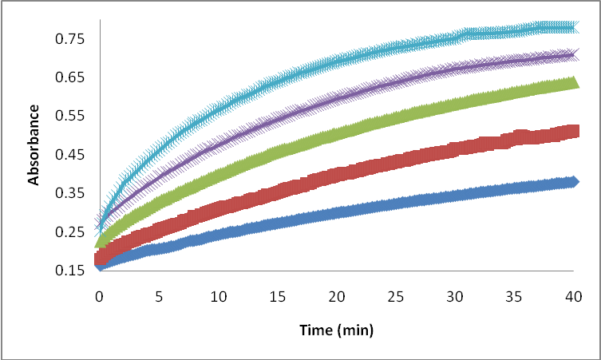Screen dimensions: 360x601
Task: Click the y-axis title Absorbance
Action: point(34,155)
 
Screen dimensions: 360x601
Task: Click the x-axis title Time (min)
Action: point(336,330)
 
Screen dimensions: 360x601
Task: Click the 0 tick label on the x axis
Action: point(99,296)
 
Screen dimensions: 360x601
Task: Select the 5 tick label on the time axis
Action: point(158,296)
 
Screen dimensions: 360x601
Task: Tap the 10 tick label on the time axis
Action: point(217,296)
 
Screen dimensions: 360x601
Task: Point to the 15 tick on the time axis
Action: point(277,296)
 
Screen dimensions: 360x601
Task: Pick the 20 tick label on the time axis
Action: point(336,296)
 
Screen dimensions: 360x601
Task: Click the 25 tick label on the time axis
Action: point(395,296)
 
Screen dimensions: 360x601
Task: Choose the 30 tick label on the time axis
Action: point(454,296)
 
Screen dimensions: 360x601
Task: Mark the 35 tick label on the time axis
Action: point(513,296)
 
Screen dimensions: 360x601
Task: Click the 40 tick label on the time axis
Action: point(572,296)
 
